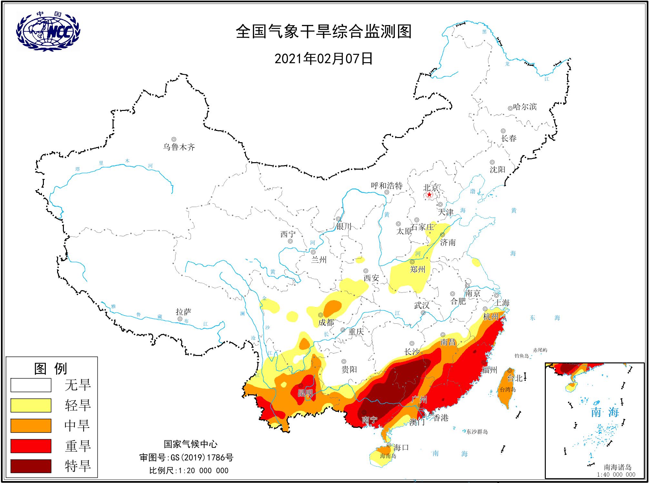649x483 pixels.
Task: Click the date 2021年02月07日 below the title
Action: tap(324, 59)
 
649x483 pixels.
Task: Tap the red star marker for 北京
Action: tap(429, 195)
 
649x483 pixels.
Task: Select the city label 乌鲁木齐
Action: tap(179, 147)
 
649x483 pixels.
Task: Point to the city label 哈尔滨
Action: tap(525, 107)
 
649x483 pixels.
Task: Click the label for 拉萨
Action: tap(184, 312)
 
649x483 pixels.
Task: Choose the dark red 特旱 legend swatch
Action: tap(31, 466)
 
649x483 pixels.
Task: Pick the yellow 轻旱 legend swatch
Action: tap(31, 405)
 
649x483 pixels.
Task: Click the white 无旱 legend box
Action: tap(31, 385)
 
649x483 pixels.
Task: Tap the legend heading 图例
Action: tap(51, 369)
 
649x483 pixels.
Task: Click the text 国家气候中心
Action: tap(190, 444)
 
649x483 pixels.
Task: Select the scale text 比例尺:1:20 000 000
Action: tap(189, 470)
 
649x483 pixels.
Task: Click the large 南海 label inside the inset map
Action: tap(604, 412)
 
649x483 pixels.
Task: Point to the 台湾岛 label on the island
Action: tap(508, 389)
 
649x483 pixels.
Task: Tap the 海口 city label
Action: tap(401, 447)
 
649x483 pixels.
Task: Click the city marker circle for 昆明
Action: tap(300, 385)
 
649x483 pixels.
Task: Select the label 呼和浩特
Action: tap(386, 186)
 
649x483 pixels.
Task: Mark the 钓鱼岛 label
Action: tap(522, 356)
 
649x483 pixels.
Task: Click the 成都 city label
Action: tap(326, 322)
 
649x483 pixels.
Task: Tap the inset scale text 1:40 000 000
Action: tap(616, 474)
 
